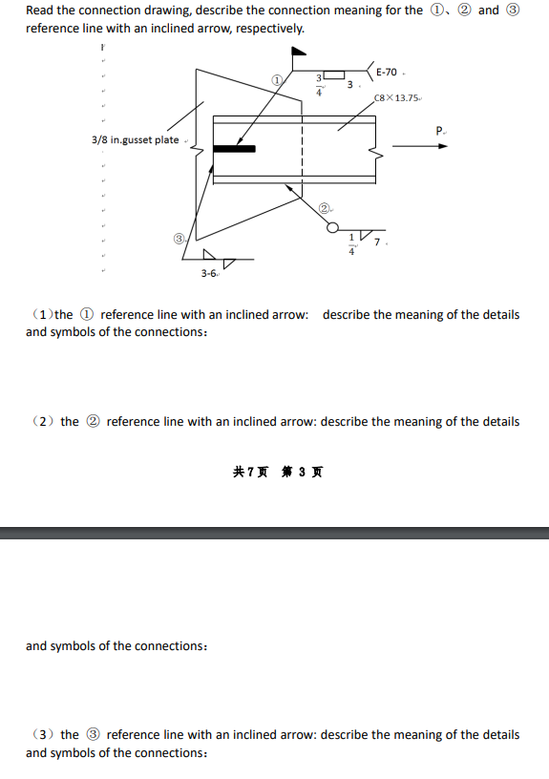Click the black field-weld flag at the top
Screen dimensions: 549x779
coord(297,54)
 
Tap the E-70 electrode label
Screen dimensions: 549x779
coord(387,73)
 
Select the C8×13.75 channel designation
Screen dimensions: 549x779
coord(397,97)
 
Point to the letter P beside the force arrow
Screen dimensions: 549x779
coord(439,130)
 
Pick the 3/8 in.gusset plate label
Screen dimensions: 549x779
coord(135,140)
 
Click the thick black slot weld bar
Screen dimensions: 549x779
coord(234,148)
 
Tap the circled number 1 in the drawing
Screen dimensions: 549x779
coord(277,81)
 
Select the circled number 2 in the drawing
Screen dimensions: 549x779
coord(325,208)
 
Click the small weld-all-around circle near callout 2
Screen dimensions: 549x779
coord(332,227)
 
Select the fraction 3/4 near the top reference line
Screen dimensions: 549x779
coord(320,84)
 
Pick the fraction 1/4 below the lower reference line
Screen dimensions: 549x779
coord(351,244)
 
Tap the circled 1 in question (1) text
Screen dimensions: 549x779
coord(87,315)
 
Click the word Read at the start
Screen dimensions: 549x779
coord(41,11)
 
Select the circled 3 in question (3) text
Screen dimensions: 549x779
coord(94,735)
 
